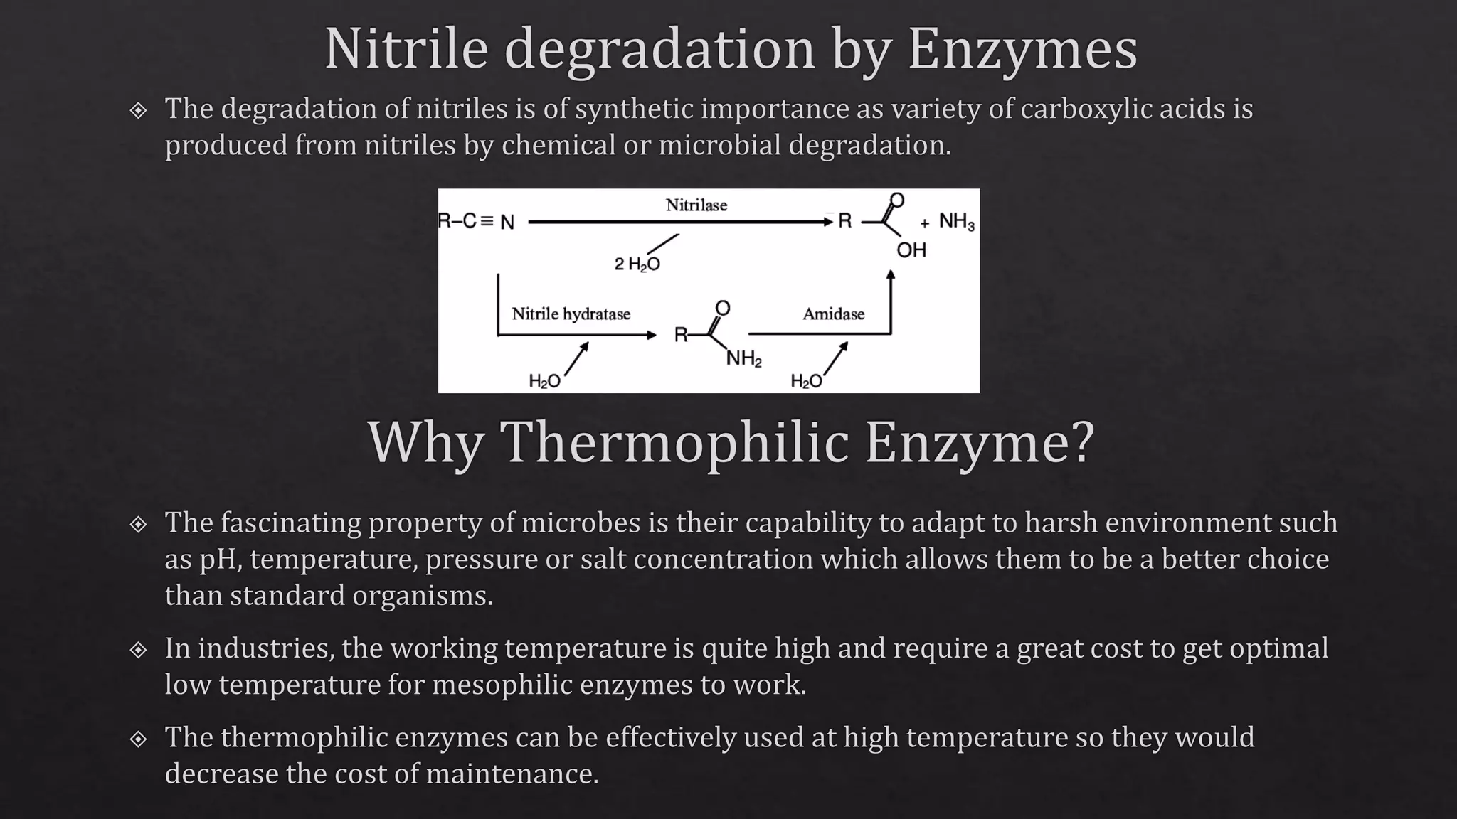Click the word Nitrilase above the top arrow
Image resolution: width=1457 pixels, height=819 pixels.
(x=696, y=205)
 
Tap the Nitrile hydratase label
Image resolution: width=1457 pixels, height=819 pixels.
(x=571, y=314)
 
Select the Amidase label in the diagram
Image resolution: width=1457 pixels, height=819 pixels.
(x=833, y=314)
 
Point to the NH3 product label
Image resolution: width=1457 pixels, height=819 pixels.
(x=956, y=221)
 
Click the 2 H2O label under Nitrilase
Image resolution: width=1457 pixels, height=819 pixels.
(x=637, y=264)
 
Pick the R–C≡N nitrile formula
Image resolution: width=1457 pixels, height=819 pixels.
(x=476, y=222)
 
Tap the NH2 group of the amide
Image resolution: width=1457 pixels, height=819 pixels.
(x=743, y=359)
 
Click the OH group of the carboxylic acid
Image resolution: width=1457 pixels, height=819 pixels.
(x=911, y=250)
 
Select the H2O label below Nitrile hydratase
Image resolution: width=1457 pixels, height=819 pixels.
(x=544, y=382)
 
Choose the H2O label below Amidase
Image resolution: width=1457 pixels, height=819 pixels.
(x=806, y=382)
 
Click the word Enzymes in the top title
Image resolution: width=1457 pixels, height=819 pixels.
(x=1022, y=50)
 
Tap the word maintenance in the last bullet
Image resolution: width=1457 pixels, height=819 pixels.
(x=512, y=773)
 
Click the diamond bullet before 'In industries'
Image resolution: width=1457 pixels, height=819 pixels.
(x=138, y=650)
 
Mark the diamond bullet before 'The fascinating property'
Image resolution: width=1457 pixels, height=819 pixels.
(x=138, y=525)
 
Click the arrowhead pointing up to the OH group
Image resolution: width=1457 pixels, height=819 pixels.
(x=890, y=275)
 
